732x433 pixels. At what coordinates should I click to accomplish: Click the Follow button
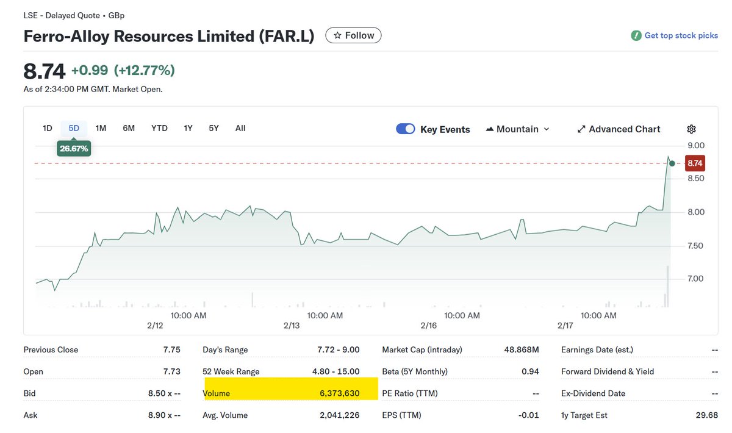pos(353,35)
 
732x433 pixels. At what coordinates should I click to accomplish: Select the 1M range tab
pos(101,128)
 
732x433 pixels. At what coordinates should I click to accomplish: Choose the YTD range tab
pos(159,128)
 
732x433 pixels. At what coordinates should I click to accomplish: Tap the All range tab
pos(240,128)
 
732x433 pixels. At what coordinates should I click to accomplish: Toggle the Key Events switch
pos(406,129)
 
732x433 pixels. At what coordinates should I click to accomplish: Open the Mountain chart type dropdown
pos(518,129)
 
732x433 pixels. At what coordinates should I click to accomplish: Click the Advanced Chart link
pos(619,129)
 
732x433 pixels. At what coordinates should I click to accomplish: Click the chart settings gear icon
pos(691,129)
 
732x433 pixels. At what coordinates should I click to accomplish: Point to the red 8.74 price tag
pos(695,163)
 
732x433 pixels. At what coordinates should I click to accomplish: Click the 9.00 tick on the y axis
pos(696,145)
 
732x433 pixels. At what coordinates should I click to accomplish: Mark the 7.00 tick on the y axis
pos(696,279)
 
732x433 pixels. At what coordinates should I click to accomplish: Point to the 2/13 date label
pos(292,326)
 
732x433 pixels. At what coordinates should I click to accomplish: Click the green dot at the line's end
pos(672,163)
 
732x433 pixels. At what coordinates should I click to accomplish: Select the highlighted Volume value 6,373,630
pos(339,393)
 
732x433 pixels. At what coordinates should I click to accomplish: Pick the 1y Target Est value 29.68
pos(707,415)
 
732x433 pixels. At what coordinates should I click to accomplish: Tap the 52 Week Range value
pos(339,371)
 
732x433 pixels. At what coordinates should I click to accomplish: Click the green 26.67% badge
pos(74,148)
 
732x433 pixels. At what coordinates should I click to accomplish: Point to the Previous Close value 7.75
pos(172,349)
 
